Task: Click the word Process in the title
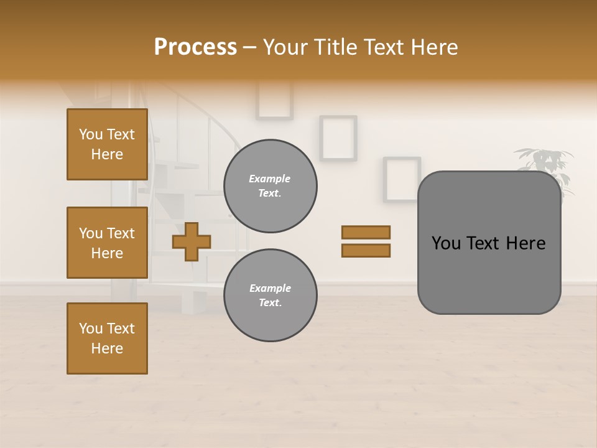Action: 195,47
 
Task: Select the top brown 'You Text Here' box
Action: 107,144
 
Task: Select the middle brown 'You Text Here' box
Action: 107,243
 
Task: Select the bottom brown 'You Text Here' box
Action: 107,338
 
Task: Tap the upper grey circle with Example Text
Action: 270,186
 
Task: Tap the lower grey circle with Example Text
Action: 270,296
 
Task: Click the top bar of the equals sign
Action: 366,232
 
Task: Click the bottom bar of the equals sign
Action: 366,251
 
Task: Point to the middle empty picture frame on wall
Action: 338,138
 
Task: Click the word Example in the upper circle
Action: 269,179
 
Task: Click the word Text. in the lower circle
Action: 270,303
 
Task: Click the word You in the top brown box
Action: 90,134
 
